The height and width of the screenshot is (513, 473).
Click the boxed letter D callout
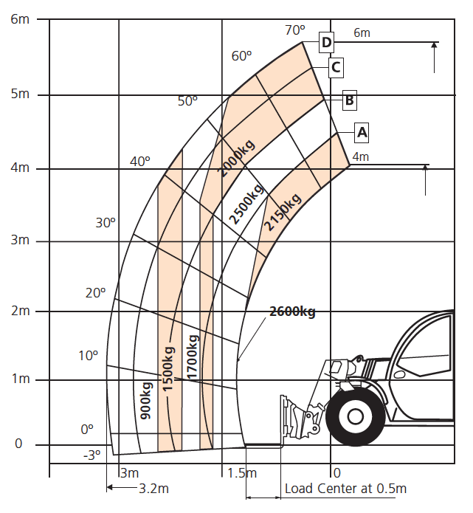click(326, 42)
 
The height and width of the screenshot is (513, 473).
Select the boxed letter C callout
click(336, 68)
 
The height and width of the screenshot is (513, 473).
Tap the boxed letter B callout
click(349, 100)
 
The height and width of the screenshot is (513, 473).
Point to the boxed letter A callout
click(362, 133)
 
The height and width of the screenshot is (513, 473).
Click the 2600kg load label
click(292, 311)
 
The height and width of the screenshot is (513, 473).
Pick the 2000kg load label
click(236, 159)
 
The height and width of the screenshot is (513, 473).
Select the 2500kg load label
click(246, 204)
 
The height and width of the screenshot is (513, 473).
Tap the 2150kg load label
click(283, 212)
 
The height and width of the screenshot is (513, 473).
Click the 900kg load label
click(146, 401)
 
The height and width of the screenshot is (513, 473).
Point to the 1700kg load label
click(193, 357)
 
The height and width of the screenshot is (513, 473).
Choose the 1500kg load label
click(168, 369)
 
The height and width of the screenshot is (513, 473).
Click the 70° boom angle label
click(295, 30)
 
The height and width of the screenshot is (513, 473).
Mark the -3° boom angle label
click(92, 455)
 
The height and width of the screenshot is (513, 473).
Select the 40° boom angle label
click(140, 162)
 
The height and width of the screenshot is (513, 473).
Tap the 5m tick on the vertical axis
click(20, 94)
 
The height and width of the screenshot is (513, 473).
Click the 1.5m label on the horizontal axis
click(242, 473)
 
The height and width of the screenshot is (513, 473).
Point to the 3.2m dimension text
click(153, 489)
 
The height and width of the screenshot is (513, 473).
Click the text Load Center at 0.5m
click(345, 489)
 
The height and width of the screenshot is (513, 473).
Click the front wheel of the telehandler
click(356, 416)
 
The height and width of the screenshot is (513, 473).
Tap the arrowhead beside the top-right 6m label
click(434, 46)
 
